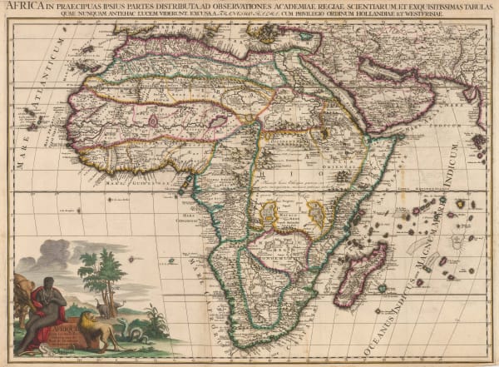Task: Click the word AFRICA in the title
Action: pyautogui.click(x=20, y=7)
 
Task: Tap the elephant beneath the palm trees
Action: pyautogui.click(x=101, y=309)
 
